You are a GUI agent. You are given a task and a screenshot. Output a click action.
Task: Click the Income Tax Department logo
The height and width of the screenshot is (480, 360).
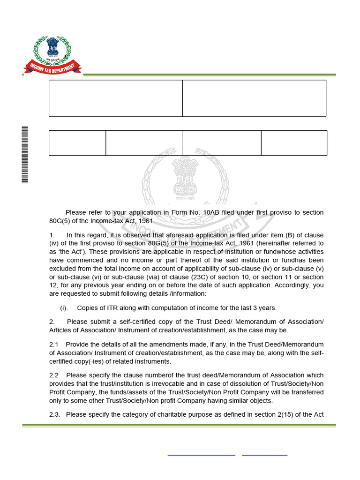(52, 56)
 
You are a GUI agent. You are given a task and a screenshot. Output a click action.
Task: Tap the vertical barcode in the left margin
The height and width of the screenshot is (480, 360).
(25, 155)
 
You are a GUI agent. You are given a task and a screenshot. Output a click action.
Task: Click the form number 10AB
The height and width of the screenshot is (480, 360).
(211, 212)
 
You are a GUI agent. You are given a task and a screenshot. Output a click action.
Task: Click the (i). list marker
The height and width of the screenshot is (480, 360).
(64, 308)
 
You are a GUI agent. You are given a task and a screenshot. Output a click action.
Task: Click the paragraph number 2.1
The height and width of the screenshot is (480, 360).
(54, 345)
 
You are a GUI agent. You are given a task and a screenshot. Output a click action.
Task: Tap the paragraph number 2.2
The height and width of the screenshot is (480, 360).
(54, 375)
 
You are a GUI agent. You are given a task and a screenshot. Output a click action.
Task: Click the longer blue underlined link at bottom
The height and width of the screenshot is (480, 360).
(201, 455)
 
